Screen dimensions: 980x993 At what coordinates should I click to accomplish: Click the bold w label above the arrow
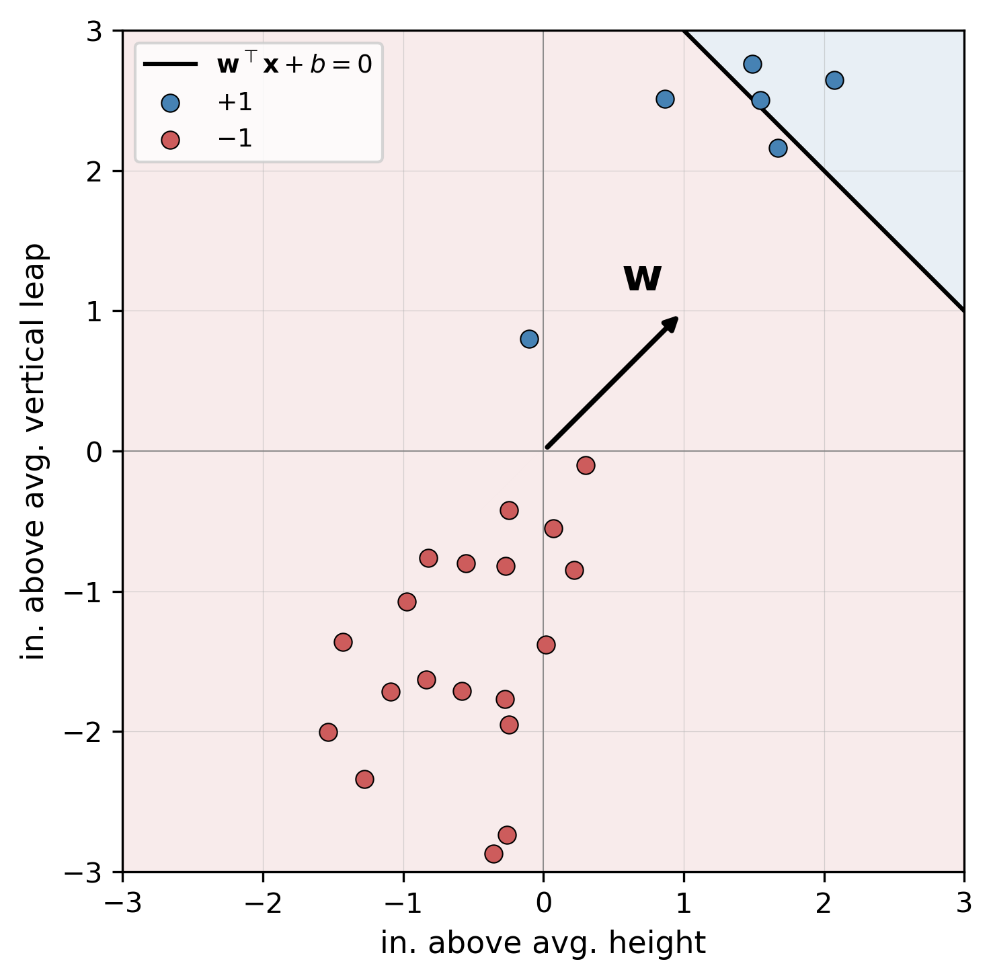642,278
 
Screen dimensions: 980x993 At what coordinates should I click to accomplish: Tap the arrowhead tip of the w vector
676,318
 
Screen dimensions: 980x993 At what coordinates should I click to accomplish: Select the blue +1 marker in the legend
171,103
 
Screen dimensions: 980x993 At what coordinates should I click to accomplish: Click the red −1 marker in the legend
171,140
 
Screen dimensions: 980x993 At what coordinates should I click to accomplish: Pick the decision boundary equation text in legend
294,65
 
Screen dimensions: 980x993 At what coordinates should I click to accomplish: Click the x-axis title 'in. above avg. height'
543,943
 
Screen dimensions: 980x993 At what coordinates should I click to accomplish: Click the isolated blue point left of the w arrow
529,339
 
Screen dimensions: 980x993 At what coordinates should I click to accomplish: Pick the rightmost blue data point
834,81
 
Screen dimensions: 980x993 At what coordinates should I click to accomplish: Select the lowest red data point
493,854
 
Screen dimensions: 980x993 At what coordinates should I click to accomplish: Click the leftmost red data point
328,732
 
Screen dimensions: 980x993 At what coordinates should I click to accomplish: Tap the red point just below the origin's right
586,465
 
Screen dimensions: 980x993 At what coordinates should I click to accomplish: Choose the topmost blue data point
752,64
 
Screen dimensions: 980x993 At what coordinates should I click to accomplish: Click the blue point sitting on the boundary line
760,101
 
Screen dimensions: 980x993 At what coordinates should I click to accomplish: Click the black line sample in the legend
171,65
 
